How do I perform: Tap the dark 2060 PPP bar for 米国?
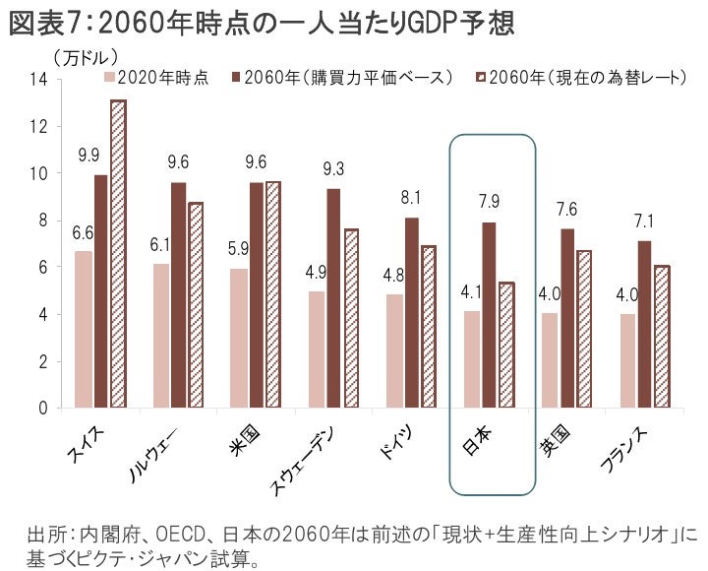pyautogui.click(x=256, y=295)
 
